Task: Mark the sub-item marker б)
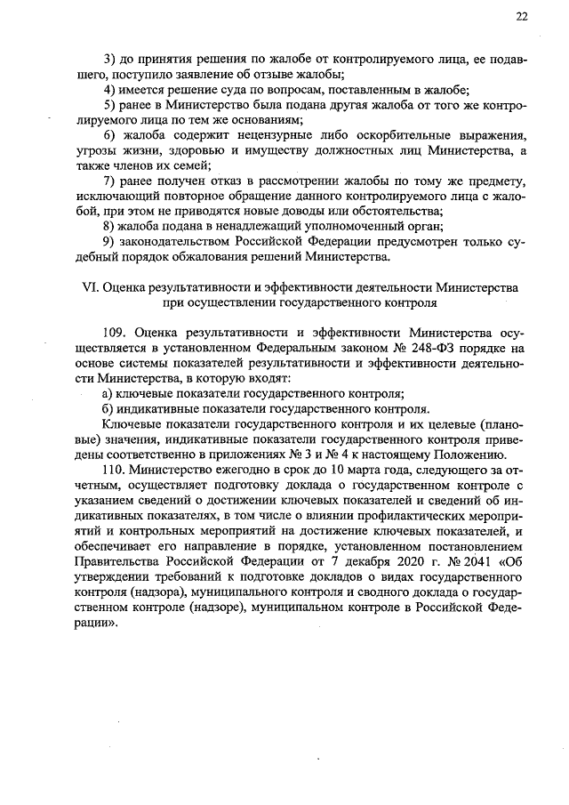(x=108, y=409)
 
